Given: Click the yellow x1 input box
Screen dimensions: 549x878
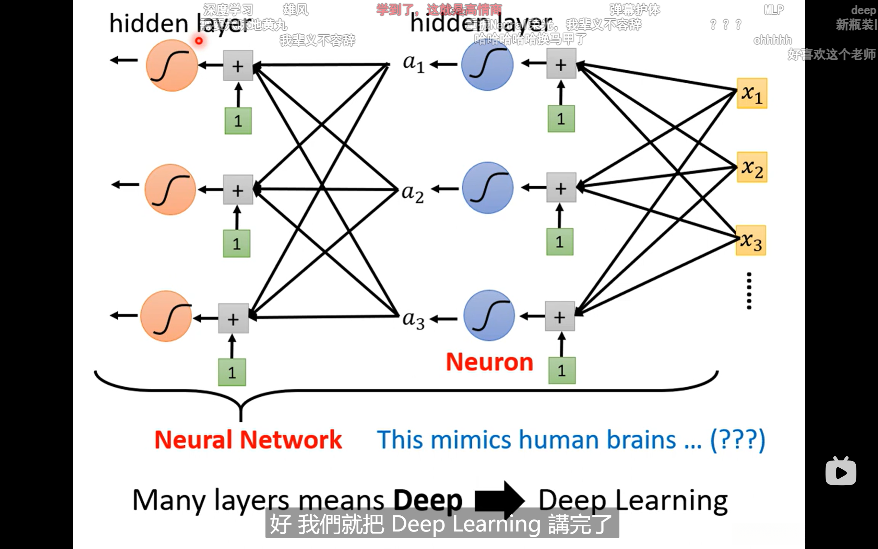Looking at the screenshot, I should click(x=752, y=93).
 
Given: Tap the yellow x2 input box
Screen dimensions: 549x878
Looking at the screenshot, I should click(x=752, y=167).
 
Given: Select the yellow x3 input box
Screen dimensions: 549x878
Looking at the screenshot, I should click(x=750, y=241).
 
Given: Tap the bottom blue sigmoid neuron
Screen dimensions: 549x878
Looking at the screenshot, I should click(x=489, y=315).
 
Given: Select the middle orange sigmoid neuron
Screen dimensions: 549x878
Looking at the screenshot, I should click(x=170, y=189).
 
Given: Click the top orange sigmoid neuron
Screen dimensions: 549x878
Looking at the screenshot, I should click(x=172, y=66).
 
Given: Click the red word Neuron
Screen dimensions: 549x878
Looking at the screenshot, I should click(x=489, y=362).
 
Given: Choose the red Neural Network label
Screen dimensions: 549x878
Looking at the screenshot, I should click(x=248, y=440).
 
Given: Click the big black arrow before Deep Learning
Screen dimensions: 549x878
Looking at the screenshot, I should click(x=500, y=501).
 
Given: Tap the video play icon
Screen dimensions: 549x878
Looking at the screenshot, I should click(x=841, y=472).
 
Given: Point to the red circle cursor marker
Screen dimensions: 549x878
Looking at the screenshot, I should click(x=199, y=41).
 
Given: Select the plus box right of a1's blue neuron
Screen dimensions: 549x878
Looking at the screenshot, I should click(x=561, y=64).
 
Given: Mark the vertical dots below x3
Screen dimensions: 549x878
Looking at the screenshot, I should click(x=749, y=291).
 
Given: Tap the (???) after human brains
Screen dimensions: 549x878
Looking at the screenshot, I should click(x=737, y=440).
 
